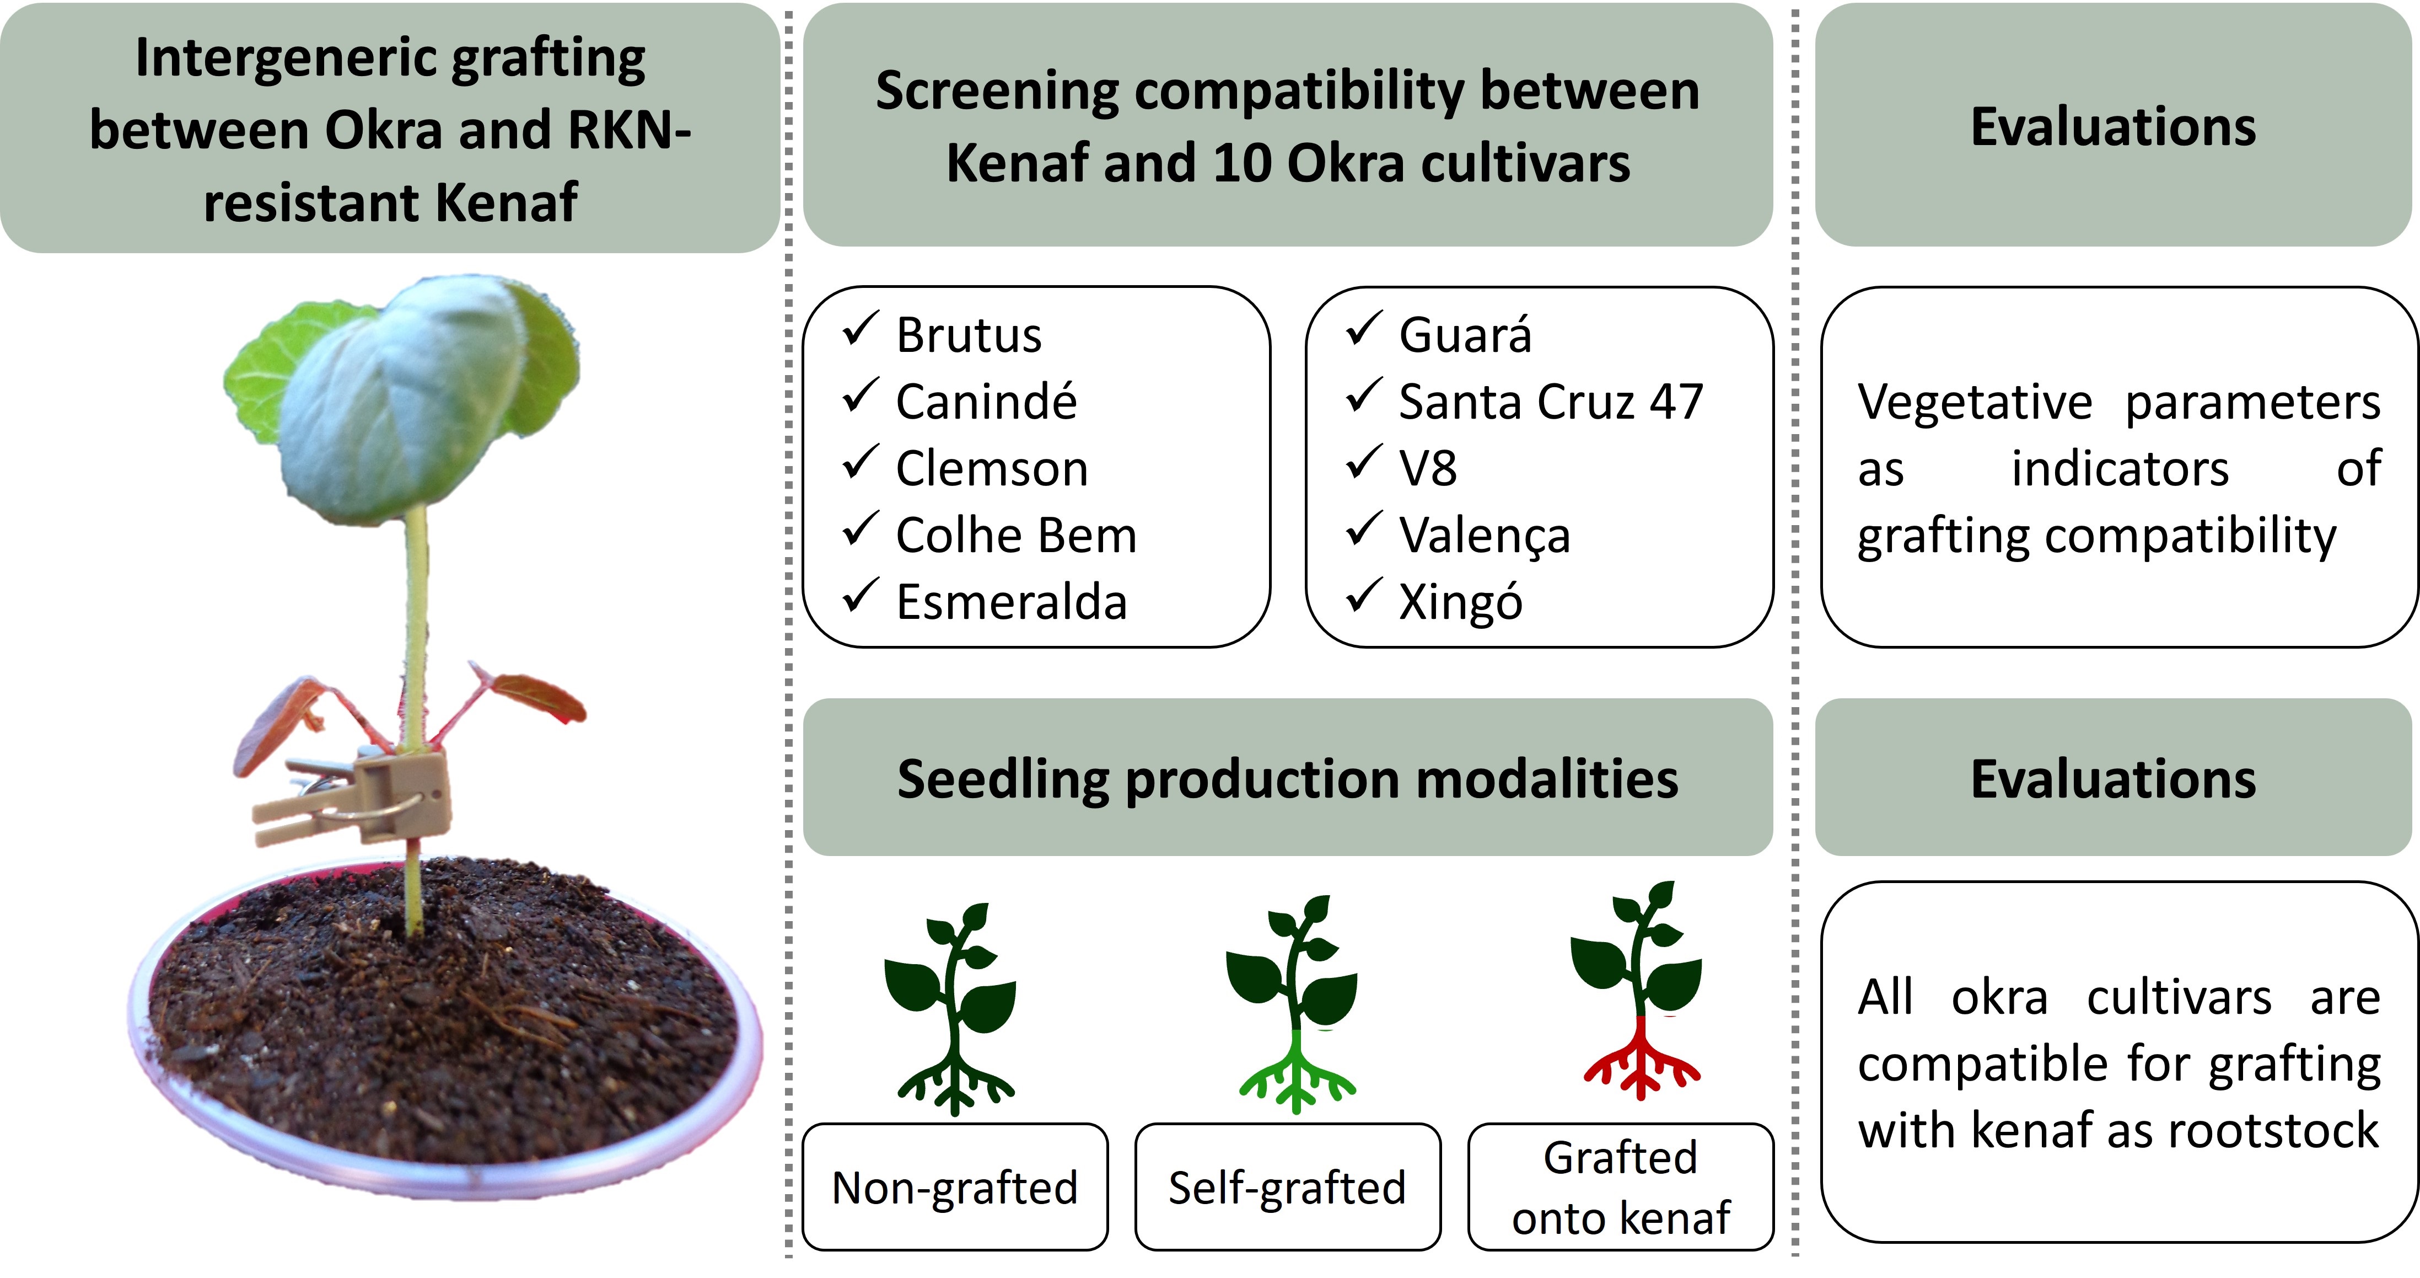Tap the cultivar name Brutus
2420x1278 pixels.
pos(969,335)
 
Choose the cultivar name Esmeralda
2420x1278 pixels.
pos(1012,602)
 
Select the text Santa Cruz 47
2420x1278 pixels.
pos(1551,402)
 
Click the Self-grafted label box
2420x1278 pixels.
pos(1288,1187)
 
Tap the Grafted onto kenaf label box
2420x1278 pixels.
pos(1621,1187)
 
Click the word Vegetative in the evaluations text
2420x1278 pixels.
pos(1975,402)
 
